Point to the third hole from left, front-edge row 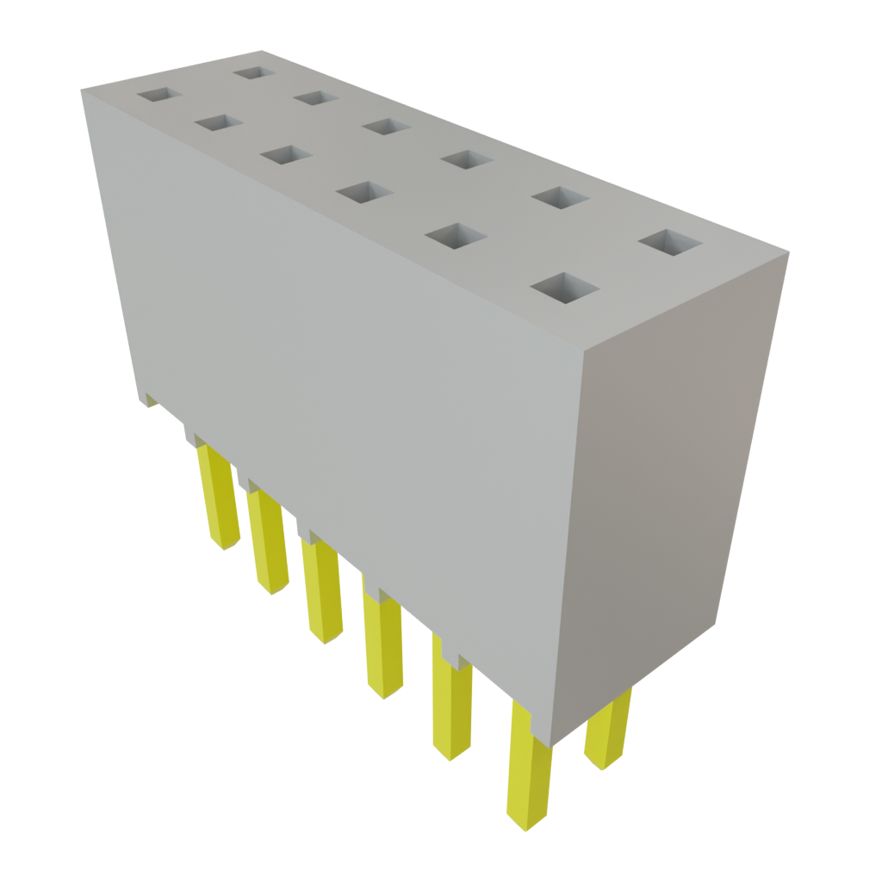point(284,155)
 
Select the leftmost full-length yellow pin point(217,500)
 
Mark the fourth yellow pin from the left point(383,646)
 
